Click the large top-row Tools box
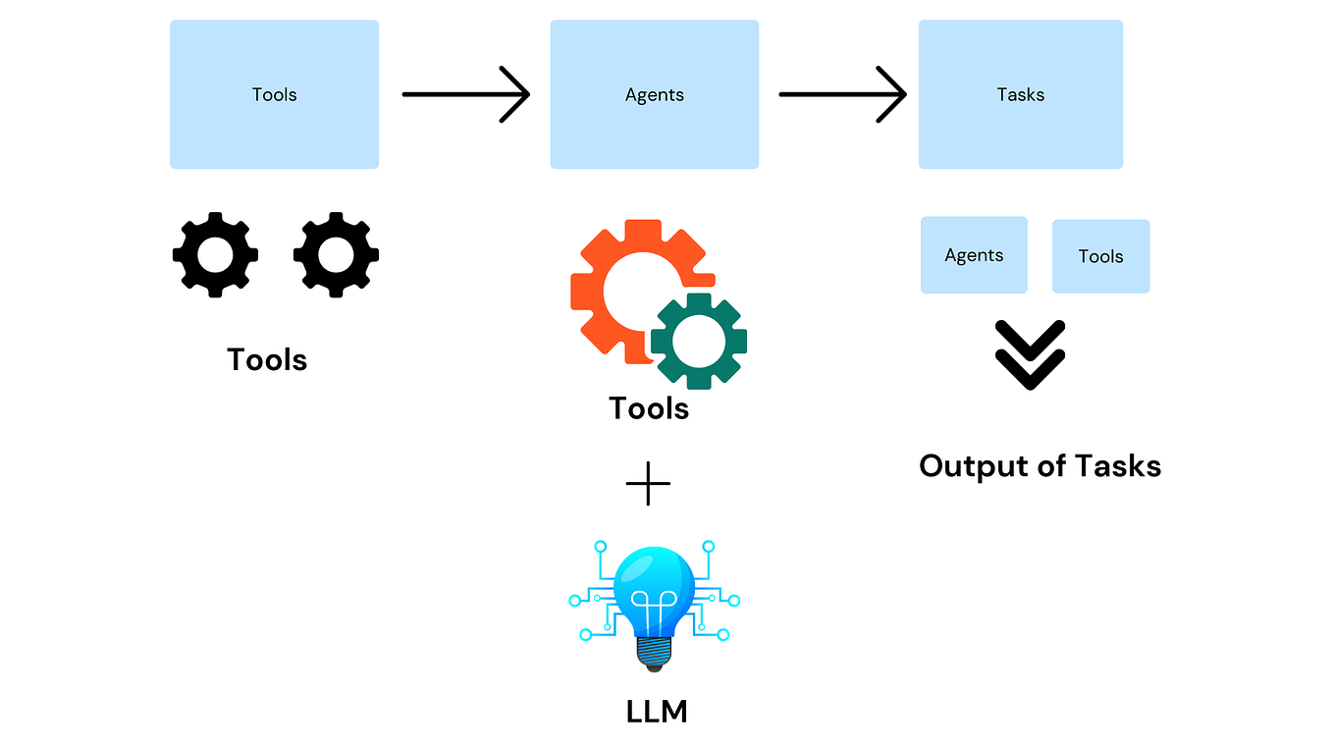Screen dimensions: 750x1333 274,94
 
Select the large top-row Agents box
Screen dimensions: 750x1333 654,94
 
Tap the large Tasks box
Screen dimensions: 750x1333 1020,94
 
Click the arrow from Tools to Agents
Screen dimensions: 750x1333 465,94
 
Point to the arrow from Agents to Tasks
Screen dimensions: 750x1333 842,94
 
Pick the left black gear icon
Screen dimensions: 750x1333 215,254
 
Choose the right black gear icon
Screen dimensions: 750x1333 336,254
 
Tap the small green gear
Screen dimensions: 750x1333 699,340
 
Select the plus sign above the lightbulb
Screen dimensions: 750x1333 648,483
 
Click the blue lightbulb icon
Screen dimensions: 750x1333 654,589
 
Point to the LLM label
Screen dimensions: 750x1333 656,711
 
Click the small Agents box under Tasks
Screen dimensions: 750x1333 974,255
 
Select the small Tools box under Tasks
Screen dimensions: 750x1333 1100,256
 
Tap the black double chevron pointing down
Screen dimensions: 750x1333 1030,354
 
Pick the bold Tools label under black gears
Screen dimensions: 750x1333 267,359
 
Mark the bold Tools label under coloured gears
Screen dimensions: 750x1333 649,407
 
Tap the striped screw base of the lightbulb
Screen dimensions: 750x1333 653,650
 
